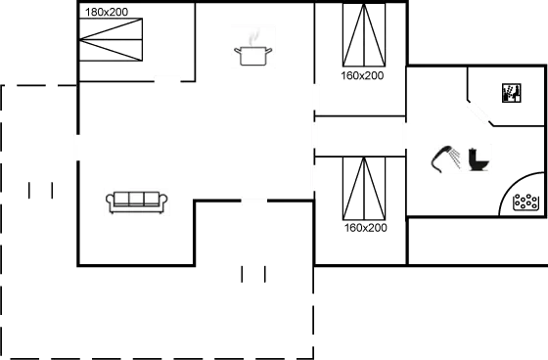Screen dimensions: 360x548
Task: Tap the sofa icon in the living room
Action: (137, 201)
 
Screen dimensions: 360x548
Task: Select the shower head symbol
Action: (444, 158)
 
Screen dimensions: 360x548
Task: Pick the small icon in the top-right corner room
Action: (511, 91)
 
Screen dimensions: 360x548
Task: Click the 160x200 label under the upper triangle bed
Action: (364, 75)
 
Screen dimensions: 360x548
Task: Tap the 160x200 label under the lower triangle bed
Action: (366, 227)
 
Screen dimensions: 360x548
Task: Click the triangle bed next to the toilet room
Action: (365, 188)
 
